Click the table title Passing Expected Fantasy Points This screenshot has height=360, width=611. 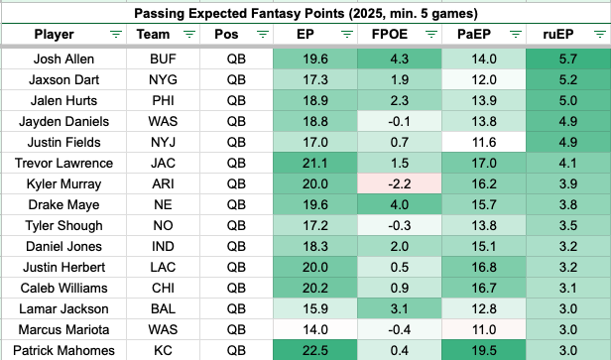(239, 14)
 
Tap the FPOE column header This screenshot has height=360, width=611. (390, 35)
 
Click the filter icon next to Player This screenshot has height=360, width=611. (116, 35)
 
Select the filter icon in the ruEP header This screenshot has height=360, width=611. (600, 35)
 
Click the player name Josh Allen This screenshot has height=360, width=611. (63, 59)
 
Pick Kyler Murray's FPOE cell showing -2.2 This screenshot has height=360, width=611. (400, 183)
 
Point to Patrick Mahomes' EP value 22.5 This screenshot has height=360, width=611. (315, 350)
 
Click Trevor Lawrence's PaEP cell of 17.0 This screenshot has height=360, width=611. (484, 163)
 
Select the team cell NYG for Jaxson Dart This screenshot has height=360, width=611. (163, 80)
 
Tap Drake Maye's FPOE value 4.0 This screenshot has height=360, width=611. (400, 204)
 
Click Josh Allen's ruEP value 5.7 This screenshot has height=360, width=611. (567, 59)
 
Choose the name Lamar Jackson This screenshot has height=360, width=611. (63, 308)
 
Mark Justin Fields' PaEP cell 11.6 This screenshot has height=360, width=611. (484, 142)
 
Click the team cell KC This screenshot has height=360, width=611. (163, 350)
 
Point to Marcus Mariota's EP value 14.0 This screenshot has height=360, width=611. (315, 329)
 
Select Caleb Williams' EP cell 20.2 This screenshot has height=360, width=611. (315, 288)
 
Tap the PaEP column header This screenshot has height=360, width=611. (474, 35)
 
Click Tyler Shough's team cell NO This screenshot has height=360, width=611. (163, 225)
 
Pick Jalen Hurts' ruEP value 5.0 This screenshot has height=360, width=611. (567, 100)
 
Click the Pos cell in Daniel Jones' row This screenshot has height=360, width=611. (236, 246)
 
